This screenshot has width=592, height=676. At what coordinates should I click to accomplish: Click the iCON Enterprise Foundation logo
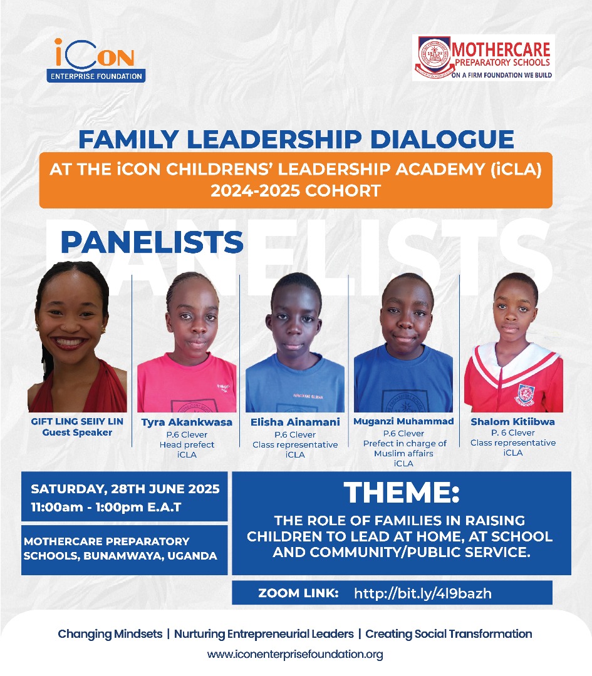96,60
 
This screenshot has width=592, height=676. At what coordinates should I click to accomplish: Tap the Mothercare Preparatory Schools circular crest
435,56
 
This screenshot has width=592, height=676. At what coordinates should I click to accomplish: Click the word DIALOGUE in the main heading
442,139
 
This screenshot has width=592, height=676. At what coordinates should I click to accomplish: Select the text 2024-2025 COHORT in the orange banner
296,190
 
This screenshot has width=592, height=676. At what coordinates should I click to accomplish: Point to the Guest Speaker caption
77,433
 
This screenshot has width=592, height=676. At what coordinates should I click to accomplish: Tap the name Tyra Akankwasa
187,422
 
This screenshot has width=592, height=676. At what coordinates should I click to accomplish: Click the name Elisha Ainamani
295,422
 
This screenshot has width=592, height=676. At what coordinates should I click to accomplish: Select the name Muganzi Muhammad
403,421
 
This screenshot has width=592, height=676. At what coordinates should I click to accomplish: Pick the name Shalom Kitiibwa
512,422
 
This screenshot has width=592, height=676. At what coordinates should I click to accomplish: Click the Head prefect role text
187,444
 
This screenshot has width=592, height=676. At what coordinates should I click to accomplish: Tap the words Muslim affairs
403,454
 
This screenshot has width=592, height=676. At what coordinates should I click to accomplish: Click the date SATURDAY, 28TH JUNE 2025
125,489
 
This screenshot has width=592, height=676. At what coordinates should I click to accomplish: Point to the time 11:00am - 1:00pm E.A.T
106,507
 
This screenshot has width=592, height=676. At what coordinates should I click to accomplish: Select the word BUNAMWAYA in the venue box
123,556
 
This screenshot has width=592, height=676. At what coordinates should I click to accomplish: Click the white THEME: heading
402,492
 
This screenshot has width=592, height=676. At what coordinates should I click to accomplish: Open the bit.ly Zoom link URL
423,593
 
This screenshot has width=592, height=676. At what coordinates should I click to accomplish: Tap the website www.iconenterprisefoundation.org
295,654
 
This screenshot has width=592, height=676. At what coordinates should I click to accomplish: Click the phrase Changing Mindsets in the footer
110,633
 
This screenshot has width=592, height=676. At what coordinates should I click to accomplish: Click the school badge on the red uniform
525,395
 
